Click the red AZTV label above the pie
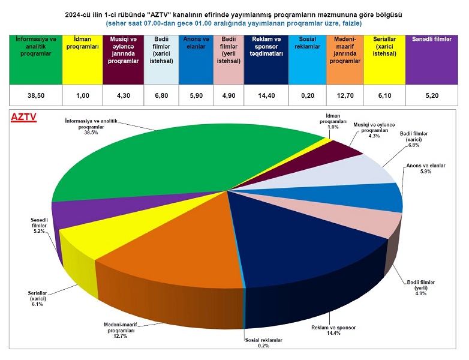point(24,118)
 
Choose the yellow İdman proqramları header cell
point(82,59)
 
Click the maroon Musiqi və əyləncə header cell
point(124,59)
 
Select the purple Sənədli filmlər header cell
point(432,59)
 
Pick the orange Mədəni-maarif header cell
point(346,59)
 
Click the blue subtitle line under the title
point(234,23)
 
